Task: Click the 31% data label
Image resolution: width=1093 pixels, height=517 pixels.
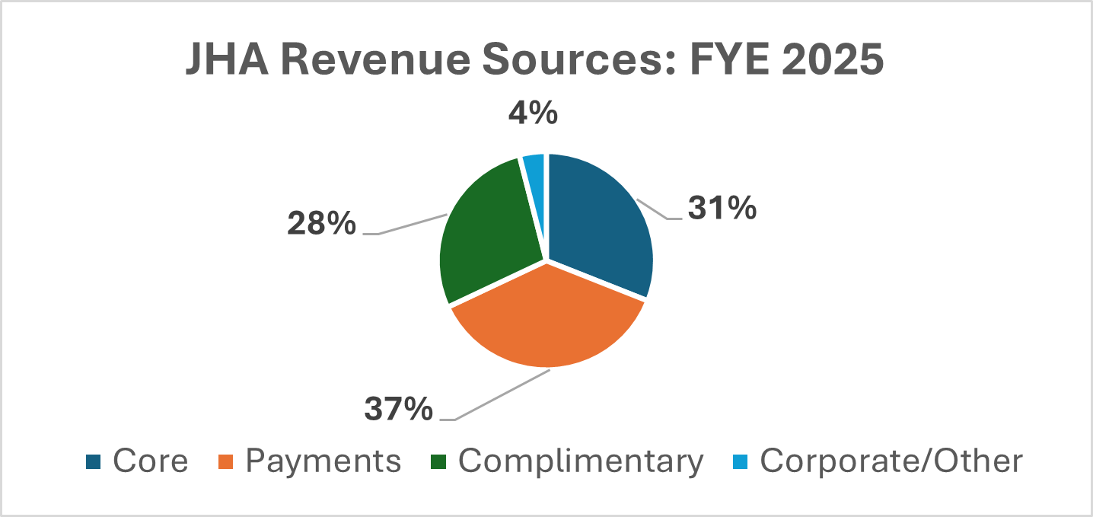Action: point(722,208)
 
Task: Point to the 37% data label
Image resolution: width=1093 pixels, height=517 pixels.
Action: point(399,410)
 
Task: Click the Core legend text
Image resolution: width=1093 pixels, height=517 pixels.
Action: point(150,461)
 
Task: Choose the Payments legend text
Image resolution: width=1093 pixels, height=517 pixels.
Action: point(323,461)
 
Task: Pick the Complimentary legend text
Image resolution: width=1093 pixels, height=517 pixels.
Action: point(581,461)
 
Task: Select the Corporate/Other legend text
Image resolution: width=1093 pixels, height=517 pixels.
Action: point(891,461)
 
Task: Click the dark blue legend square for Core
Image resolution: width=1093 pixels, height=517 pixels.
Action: point(94,461)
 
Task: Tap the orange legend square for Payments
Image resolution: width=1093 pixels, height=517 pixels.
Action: point(227,461)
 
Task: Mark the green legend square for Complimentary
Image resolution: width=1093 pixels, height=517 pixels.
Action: point(440,461)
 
